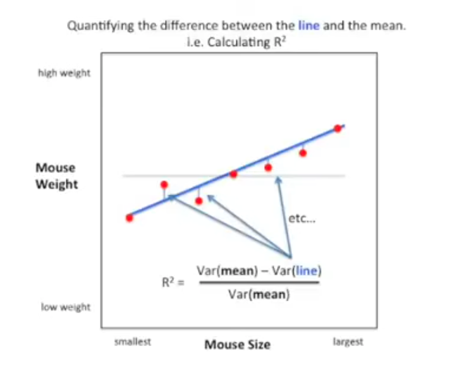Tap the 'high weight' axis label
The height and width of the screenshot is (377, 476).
tap(64, 73)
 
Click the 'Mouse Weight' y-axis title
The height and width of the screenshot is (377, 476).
tap(56, 176)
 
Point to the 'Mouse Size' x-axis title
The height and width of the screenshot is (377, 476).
tap(237, 344)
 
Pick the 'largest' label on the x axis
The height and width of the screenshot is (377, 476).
tap(348, 341)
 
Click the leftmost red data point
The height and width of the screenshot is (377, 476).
tap(130, 218)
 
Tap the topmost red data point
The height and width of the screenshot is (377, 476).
tap(338, 128)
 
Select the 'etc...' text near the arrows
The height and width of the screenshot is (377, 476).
tap(298, 218)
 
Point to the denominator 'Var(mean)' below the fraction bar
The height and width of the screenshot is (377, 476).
tap(259, 294)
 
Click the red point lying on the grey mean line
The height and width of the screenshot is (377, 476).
tap(234, 174)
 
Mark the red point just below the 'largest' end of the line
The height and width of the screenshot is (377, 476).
tap(303, 153)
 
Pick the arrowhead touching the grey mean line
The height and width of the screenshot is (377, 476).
tap(277, 179)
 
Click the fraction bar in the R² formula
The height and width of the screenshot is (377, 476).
tap(259, 283)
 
